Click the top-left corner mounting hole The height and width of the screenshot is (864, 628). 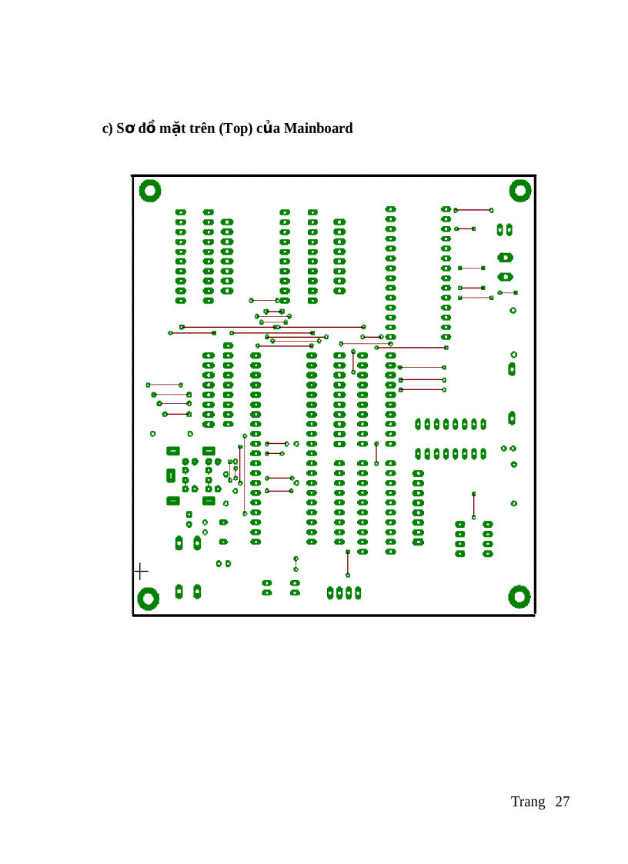[x=149, y=190]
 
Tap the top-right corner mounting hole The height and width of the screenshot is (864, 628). [x=520, y=190]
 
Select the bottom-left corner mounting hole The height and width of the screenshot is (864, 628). [x=148, y=598]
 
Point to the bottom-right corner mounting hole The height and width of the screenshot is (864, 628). [x=520, y=595]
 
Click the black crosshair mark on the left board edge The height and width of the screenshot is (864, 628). [x=140, y=571]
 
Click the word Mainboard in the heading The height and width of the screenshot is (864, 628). [x=318, y=128]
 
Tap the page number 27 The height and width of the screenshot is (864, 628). [x=562, y=802]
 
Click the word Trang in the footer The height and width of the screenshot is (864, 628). [x=527, y=802]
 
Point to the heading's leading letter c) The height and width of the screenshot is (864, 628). [x=108, y=128]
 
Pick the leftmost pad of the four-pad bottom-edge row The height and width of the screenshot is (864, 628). [x=330, y=592]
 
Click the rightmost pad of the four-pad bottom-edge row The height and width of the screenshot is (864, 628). [x=358, y=592]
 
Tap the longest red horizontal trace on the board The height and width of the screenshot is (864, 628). [x=272, y=327]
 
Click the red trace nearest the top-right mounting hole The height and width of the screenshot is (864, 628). [x=473, y=209]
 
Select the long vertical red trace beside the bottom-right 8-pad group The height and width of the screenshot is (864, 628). [x=473, y=505]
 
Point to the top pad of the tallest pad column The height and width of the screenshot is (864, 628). [x=390, y=209]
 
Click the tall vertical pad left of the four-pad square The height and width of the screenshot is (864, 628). [x=171, y=475]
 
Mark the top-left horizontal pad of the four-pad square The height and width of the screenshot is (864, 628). [x=173, y=451]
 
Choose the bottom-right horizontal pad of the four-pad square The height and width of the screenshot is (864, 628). [x=209, y=501]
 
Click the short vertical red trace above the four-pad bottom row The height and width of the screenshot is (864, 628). [x=348, y=563]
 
